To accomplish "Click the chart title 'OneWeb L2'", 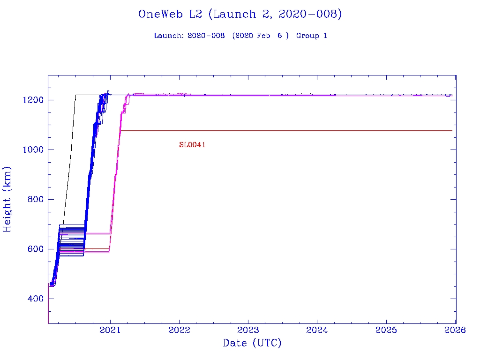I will tap(240, 14).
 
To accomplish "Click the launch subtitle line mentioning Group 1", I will tap(240, 36).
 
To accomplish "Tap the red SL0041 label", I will tap(192, 145).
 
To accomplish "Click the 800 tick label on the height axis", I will tap(34, 200).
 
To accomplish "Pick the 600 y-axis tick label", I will tap(34, 249).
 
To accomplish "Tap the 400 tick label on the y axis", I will tap(34, 299).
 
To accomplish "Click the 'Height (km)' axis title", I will tap(7, 199).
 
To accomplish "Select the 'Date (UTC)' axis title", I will tap(252, 344).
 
